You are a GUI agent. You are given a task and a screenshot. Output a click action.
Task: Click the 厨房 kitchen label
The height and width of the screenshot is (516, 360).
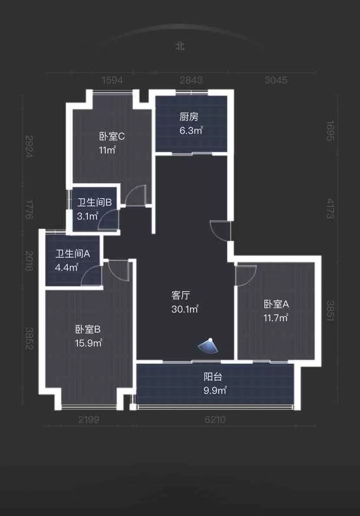click(189, 117)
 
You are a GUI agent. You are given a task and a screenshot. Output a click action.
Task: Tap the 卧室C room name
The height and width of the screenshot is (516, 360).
click(112, 136)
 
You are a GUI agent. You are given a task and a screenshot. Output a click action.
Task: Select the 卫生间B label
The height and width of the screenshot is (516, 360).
click(94, 202)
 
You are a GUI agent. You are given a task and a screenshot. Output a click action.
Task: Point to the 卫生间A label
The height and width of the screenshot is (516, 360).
click(73, 254)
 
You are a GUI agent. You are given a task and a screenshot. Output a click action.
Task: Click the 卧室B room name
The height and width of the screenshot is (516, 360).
click(88, 329)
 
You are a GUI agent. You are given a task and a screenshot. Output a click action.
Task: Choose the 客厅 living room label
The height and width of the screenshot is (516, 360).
click(181, 295)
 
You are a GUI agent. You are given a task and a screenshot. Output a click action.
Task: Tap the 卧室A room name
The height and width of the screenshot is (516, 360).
click(276, 304)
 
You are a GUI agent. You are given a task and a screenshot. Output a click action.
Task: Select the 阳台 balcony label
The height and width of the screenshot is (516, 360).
click(213, 376)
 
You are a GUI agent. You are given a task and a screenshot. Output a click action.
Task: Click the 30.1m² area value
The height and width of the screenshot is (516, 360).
click(185, 309)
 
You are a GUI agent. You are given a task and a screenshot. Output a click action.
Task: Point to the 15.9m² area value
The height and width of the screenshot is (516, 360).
click(89, 343)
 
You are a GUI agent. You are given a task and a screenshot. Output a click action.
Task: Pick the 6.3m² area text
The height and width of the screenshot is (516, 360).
click(191, 130)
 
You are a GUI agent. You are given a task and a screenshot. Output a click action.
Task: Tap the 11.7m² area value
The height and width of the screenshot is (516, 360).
click(276, 318)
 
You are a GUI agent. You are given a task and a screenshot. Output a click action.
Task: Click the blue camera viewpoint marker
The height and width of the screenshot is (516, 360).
click(208, 346)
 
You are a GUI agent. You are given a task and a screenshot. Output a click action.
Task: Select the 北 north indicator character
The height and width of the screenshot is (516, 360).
click(180, 46)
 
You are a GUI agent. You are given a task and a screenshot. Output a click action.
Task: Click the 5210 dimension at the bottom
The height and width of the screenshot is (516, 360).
click(215, 419)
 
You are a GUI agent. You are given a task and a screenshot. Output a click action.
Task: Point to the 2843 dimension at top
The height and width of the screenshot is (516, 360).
click(191, 80)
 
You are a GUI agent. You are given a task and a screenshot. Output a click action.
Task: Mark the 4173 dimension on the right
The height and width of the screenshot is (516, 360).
click(330, 208)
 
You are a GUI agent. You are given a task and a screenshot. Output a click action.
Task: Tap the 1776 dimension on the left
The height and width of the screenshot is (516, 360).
click(29, 209)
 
